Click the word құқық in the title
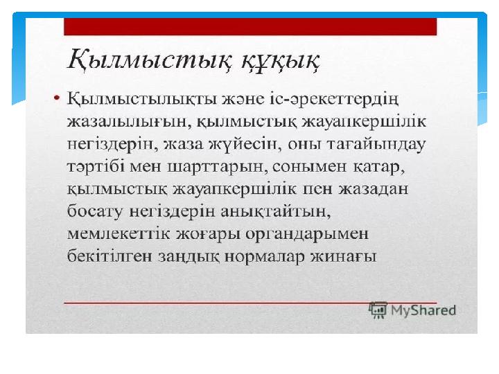click(280, 61)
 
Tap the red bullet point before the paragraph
click(57, 98)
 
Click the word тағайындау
click(375, 145)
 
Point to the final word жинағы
click(344, 257)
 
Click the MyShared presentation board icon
click(378, 310)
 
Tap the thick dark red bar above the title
click(250, 27)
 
